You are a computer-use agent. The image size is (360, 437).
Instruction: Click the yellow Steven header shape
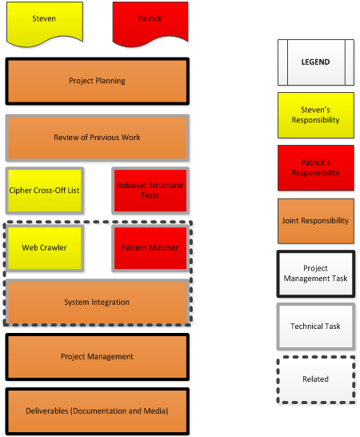point(45,22)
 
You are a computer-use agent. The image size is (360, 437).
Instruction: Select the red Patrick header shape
point(150,22)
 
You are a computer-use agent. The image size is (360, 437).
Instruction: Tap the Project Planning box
point(98,81)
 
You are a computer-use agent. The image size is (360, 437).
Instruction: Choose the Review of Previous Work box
point(98,138)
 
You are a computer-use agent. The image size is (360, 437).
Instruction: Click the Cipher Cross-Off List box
point(45,190)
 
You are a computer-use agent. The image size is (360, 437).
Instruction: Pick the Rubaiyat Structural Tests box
point(150,190)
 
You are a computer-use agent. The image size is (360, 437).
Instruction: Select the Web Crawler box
point(45,248)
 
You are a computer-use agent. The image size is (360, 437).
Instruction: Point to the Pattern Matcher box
point(150,248)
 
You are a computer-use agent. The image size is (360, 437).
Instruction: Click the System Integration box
point(98,303)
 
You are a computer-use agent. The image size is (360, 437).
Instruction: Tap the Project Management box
point(98,357)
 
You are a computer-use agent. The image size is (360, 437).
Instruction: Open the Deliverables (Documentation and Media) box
point(98,411)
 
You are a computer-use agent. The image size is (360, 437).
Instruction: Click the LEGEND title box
point(316,62)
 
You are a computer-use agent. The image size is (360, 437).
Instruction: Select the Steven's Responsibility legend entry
point(316,115)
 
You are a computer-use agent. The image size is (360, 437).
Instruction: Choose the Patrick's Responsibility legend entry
point(316,168)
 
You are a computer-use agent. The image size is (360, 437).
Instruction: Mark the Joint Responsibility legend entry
point(316,221)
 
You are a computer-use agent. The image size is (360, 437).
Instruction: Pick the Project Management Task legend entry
point(316,274)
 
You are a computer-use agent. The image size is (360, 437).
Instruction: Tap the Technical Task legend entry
point(316,327)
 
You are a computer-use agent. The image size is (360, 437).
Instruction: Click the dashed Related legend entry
point(316,379)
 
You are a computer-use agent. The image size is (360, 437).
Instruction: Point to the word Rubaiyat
point(132,186)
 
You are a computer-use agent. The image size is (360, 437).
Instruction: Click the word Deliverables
point(47,411)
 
